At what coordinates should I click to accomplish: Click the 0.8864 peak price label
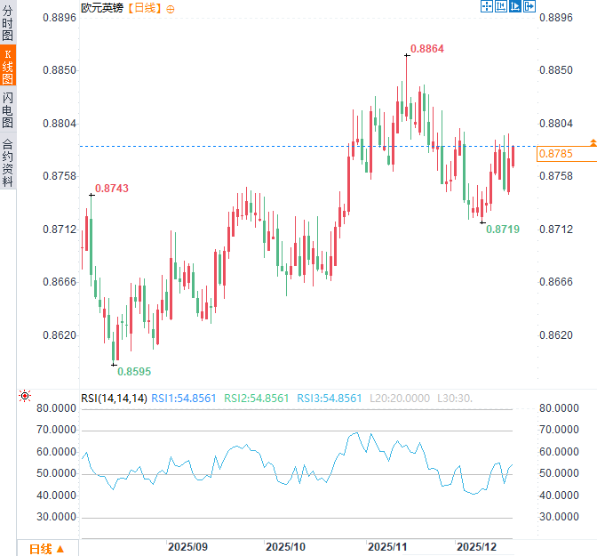[427, 48]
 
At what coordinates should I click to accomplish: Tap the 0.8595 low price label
[134, 371]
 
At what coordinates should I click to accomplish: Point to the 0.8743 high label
[111, 189]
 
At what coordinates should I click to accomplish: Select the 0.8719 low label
[503, 230]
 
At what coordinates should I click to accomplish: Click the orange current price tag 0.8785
[555, 154]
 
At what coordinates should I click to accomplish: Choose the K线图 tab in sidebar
[8, 66]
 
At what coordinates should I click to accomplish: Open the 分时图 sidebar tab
[8, 22]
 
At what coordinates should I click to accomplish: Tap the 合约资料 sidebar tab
[8, 162]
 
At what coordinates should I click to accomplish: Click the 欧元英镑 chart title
[102, 8]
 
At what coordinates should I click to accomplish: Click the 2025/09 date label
[187, 545]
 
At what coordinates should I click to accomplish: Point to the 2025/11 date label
[387, 545]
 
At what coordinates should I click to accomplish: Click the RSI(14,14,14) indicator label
[114, 398]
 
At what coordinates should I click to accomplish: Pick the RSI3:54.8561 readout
[329, 398]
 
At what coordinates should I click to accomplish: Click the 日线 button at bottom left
[46, 548]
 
